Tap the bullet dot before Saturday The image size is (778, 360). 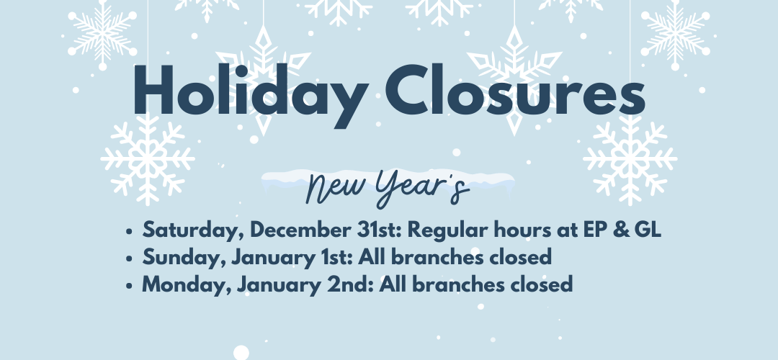coord(130,231)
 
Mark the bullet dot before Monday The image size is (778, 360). coord(130,286)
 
